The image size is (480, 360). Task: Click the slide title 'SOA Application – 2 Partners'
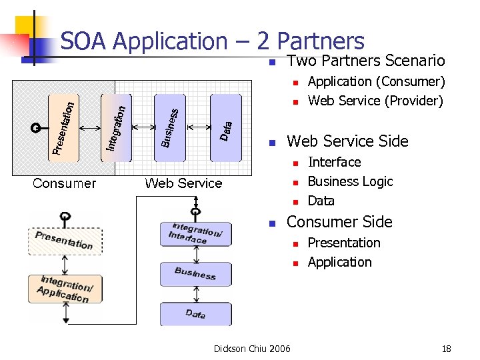(x=212, y=41)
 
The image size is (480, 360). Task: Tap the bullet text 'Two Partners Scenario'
(x=365, y=61)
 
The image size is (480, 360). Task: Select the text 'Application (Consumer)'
(x=376, y=81)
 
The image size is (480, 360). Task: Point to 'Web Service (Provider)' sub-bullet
(x=375, y=101)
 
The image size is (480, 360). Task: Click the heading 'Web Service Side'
(x=347, y=141)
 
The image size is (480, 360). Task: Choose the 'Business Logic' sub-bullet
(x=350, y=181)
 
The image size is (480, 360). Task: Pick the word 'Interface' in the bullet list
(x=334, y=162)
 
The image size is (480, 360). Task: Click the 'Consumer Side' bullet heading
(x=339, y=222)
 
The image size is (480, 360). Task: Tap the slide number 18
(x=446, y=348)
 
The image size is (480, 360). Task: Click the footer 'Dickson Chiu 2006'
(x=252, y=348)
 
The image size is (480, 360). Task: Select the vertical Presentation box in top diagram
(x=64, y=127)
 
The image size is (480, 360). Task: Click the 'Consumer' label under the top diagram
(x=65, y=183)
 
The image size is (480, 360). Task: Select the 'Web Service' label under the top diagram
(x=183, y=183)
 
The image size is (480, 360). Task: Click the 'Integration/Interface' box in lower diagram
(x=195, y=233)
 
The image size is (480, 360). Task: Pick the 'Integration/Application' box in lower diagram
(x=65, y=289)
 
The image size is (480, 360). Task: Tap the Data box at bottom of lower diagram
(x=195, y=313)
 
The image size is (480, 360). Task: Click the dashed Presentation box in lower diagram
(x=65, y=241)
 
